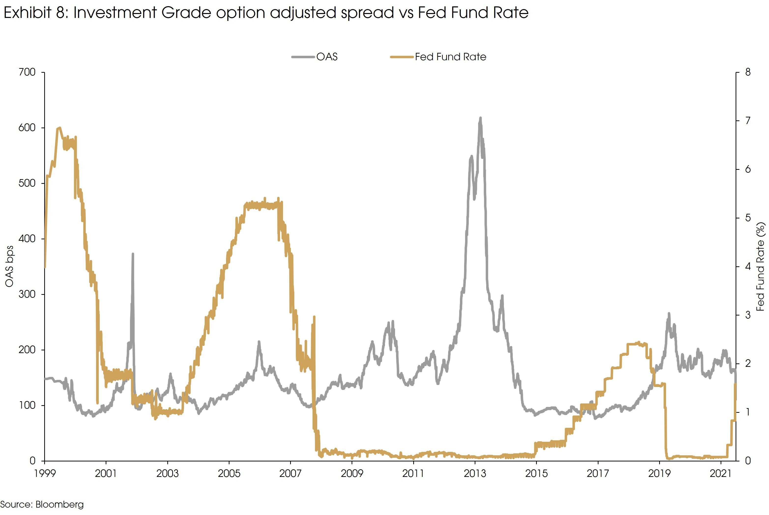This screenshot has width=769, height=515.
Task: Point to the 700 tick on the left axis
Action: pos(27,72)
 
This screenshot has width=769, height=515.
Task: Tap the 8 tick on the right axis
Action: pos(748,72)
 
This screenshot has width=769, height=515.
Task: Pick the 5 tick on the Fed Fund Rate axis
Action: pos(748,218)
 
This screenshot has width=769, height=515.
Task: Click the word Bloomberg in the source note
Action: pos(59,504)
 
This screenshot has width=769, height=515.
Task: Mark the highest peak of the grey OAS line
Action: pos(480,118)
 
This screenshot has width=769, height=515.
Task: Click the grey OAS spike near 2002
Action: pos(133,254)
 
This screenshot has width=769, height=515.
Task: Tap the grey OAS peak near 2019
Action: pos(669,314)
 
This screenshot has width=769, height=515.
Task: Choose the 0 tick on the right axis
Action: pos(748,461)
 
